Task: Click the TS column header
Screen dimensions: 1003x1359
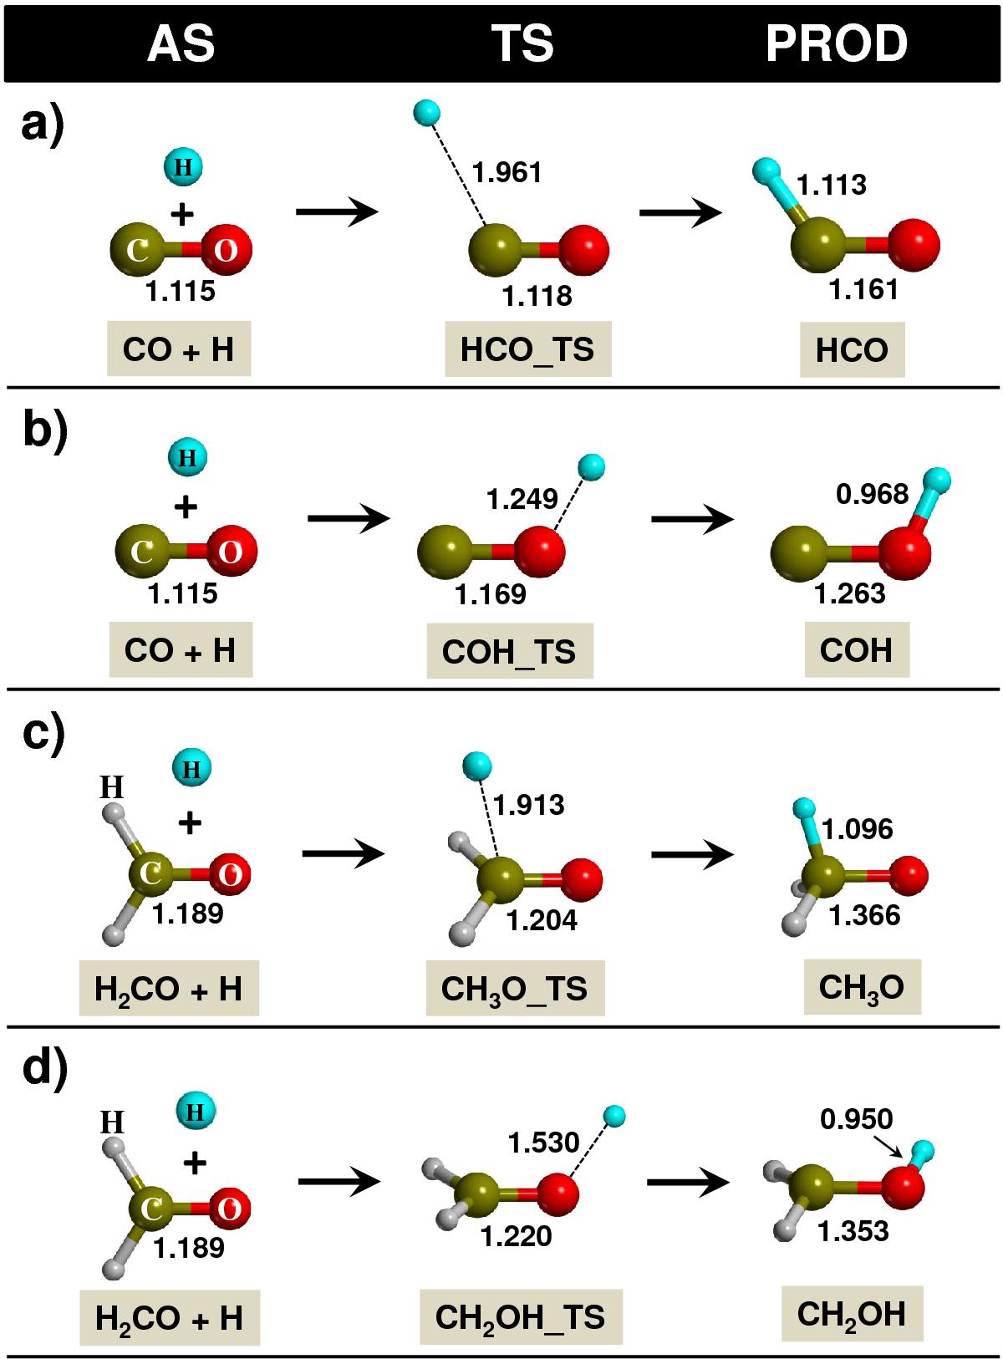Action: [x=522, y=43]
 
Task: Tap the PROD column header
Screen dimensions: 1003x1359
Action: [x=837, y=43]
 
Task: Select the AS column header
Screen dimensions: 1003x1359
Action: [x=181, y=43]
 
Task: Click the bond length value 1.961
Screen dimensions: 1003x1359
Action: [x=507, y=173]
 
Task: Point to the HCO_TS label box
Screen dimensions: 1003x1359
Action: [x=528, y=349]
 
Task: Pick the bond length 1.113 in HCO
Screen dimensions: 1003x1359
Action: [x=832, y=185]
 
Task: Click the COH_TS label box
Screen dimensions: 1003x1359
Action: [x=510, y=651]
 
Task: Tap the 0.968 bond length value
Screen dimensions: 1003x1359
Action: [x=872, y=494]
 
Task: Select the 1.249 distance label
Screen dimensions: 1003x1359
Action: [x=522, y=499]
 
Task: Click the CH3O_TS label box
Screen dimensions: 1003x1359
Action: [x=515, y=988]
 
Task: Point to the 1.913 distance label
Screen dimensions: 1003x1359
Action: [x=529, y=805]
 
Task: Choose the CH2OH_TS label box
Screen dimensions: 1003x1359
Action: [x=521, y=1316]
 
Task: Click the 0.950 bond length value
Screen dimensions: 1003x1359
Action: [x=857, y=1119]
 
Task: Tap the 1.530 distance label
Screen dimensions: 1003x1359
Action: [x=544, y=1143]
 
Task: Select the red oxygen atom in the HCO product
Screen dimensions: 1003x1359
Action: [x=914, y=245]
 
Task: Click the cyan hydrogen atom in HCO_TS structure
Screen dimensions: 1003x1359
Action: [x=427, y=112]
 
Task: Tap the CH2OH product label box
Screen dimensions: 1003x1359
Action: [x=853, y=1313]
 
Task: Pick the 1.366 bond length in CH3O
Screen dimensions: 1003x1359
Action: [x=864, y=915]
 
